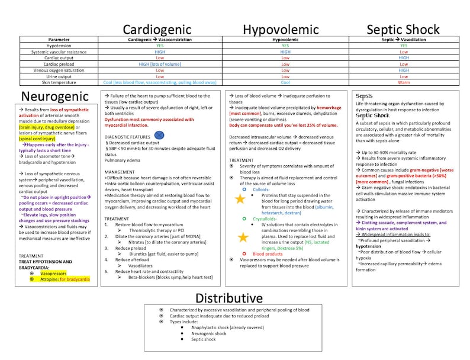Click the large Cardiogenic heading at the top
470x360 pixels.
click(x=157, y=29)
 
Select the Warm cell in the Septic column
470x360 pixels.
click(x=404, y=82)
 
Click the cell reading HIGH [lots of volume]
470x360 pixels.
click(x=160, y=64)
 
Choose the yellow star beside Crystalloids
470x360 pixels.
click(x=242, y=237)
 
